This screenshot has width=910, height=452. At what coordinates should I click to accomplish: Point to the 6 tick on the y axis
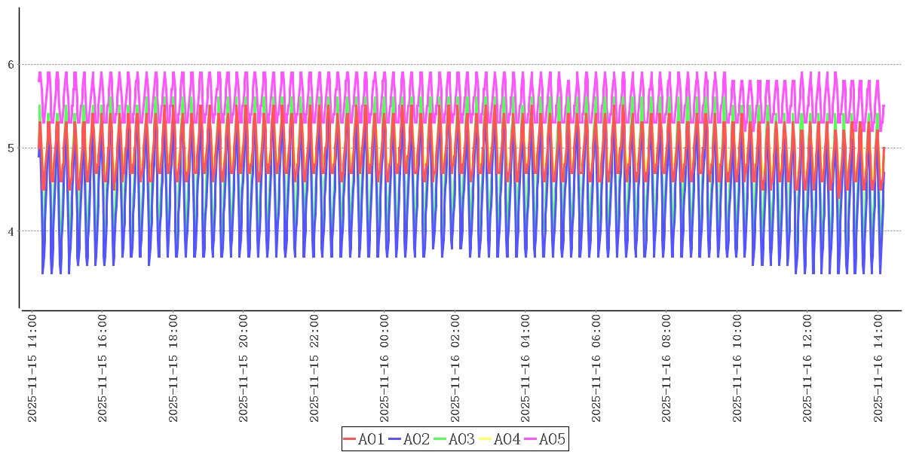click(11, 65)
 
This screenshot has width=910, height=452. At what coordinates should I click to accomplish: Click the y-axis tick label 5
click(11, 148)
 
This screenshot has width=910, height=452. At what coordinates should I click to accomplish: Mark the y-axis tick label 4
click(11, 231)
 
